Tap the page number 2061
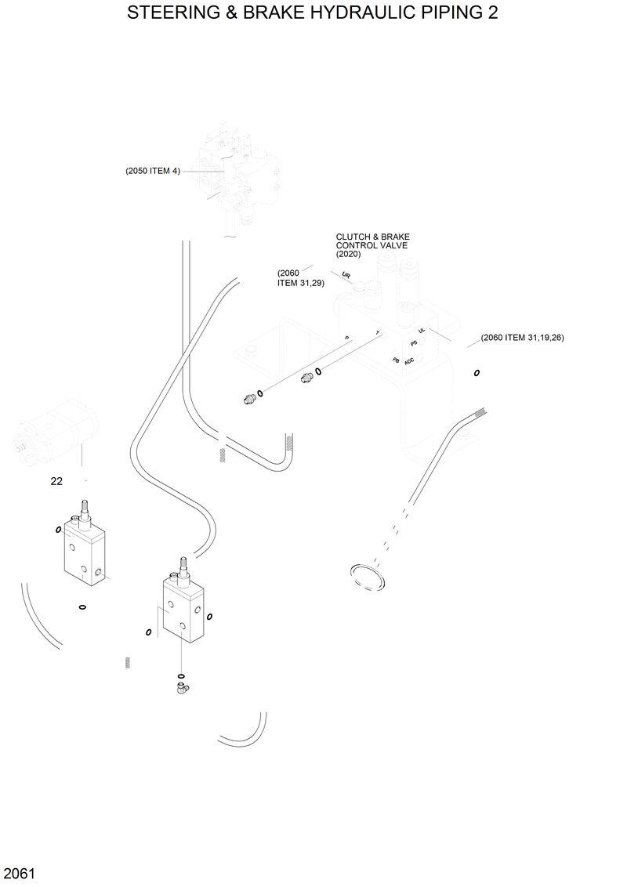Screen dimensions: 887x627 click(x=17, y=873)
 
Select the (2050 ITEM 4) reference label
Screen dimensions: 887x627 click(x=153, y=171)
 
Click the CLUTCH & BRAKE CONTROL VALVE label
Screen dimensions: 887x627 click(x=372, y=245)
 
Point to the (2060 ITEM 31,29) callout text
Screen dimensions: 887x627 click(x=300, y=278)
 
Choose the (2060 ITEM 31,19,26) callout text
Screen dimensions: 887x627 click(x=522, y=338)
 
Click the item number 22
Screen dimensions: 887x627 click(x=56, y=482)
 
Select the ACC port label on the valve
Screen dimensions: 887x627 click(x=409, y=361)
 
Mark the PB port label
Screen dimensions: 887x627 click(x=397, y=359)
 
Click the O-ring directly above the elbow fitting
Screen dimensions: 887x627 click(x=181, y=675)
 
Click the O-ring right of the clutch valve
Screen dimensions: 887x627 click(x=477, y=373)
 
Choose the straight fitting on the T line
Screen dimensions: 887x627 click(x=306, y=378)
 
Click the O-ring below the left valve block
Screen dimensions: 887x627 click(x=82, y=606)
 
